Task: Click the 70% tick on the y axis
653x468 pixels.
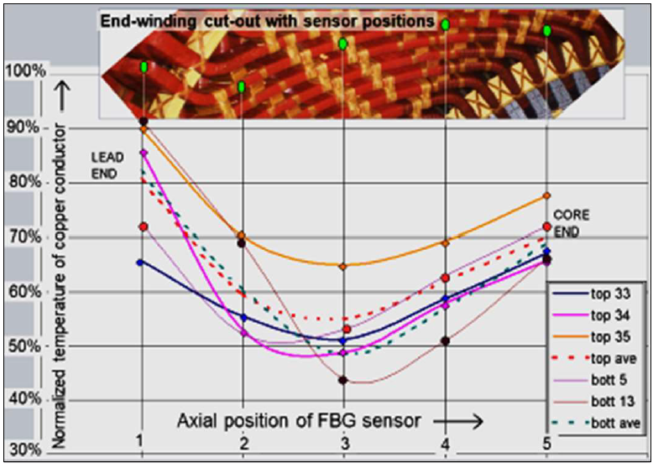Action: [x=24, y=237]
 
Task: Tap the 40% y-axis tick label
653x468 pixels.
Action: [x=24, y=400]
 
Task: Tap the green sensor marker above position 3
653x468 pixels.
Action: [x=343, y=44]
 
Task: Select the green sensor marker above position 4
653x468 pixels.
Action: [x=445, y=23]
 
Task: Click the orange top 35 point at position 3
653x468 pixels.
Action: [x=343, y=266]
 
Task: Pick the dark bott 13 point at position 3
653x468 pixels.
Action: [x=343, y=380]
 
